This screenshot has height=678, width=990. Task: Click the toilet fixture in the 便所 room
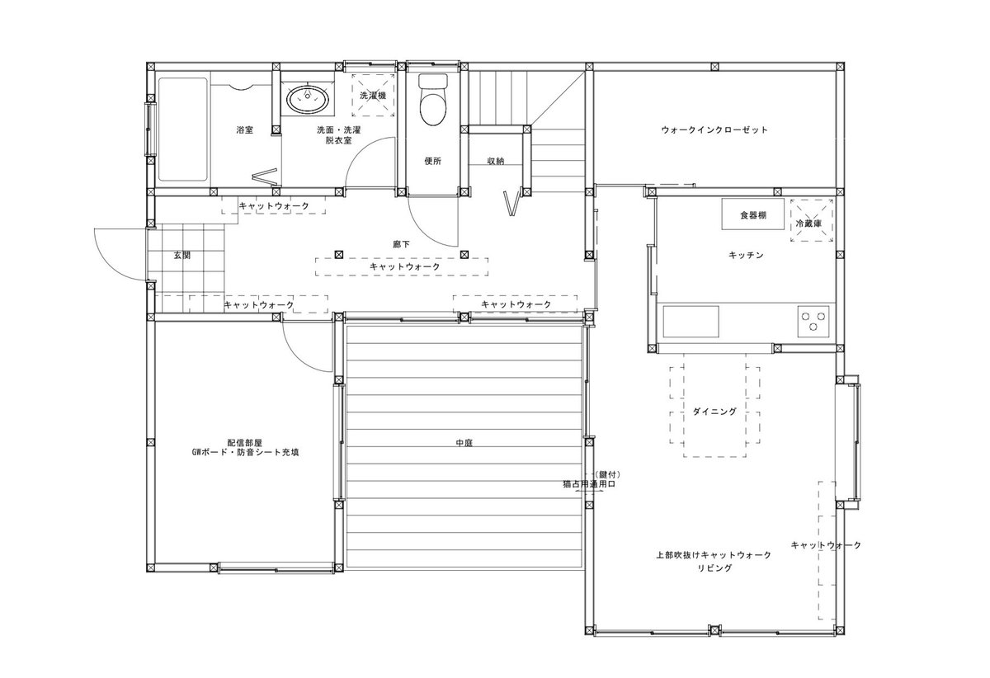[432, 100]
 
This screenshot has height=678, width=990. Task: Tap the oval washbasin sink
[308, 98]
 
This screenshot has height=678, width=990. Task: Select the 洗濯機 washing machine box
[373, 95]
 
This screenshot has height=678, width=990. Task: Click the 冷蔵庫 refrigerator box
[812, 220]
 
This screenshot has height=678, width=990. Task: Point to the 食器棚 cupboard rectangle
[752, 214]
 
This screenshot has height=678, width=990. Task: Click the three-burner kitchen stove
[813, 322]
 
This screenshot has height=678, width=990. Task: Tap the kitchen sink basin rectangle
[691, 322]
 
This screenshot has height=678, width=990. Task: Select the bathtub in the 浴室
[183, 129]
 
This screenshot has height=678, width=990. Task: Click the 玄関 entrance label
[181, 256]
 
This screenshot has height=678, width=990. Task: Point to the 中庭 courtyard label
[464, 442]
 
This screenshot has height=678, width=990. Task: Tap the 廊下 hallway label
[401, 244]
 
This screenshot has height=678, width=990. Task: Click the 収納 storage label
[496, 161]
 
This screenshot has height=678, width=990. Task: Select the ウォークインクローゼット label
[714, 130]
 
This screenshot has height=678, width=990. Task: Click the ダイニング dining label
[714, 412]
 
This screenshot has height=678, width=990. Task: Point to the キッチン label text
[746, 256]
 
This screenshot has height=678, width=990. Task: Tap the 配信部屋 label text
[245, 443]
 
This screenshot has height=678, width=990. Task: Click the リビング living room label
[714, 568]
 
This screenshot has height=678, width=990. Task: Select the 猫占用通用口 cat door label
[589, 483]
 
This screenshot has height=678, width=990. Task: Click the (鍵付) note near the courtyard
[607, 474]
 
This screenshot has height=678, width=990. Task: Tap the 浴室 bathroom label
[244, 130]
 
